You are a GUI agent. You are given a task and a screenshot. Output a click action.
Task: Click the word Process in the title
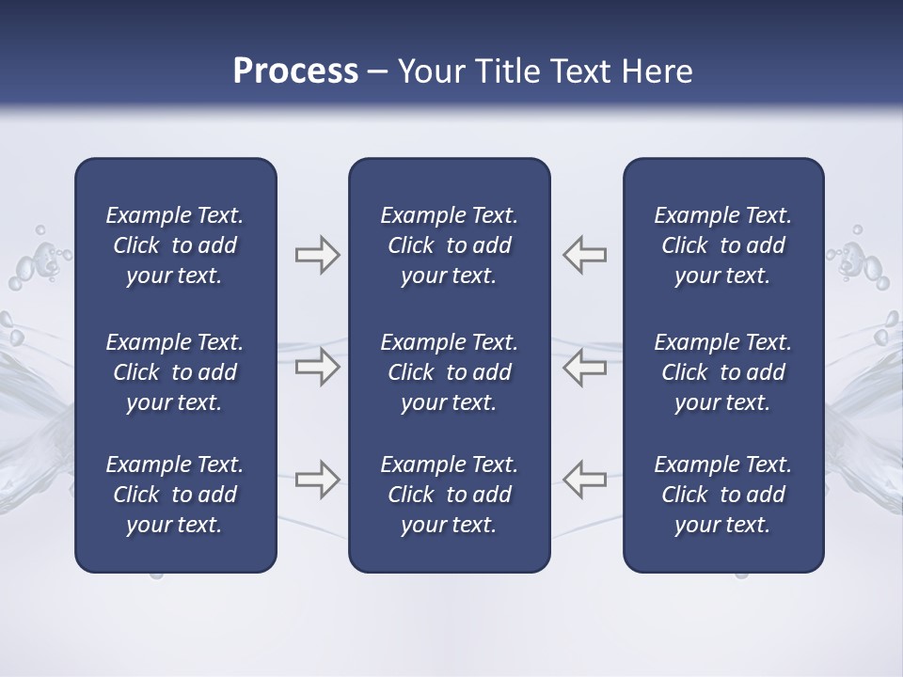[x=295, y=71]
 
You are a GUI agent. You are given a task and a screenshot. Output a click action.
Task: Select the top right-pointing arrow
[x=317, y=255]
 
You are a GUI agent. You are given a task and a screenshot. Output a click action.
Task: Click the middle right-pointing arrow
[x=317, y=367]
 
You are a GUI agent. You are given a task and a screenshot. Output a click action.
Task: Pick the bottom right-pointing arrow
[x=317, y=479]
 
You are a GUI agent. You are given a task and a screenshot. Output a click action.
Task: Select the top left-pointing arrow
[x=585, y=255]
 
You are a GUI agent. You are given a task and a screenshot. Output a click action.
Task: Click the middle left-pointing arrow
[x=585, y=367]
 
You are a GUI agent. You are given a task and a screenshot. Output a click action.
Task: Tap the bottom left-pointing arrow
[x=585, y=479]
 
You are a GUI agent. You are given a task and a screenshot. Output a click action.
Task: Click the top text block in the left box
[x=175, y=245]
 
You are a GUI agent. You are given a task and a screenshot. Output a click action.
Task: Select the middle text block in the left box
[x=175, y=372]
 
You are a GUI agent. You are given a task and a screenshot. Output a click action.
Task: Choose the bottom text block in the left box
[x=175, y=495]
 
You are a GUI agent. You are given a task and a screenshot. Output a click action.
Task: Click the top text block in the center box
[x=449, y=245]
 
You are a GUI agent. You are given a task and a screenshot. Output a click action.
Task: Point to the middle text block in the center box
[x=449, y=372]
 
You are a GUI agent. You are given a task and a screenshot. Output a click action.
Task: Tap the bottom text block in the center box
[x=449, y=495]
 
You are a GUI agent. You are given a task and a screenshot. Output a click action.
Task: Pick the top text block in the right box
[x=723, y=245]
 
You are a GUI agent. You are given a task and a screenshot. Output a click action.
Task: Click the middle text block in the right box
[x=723, y=372]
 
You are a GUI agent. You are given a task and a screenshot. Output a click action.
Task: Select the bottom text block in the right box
[x=723, y=495]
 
